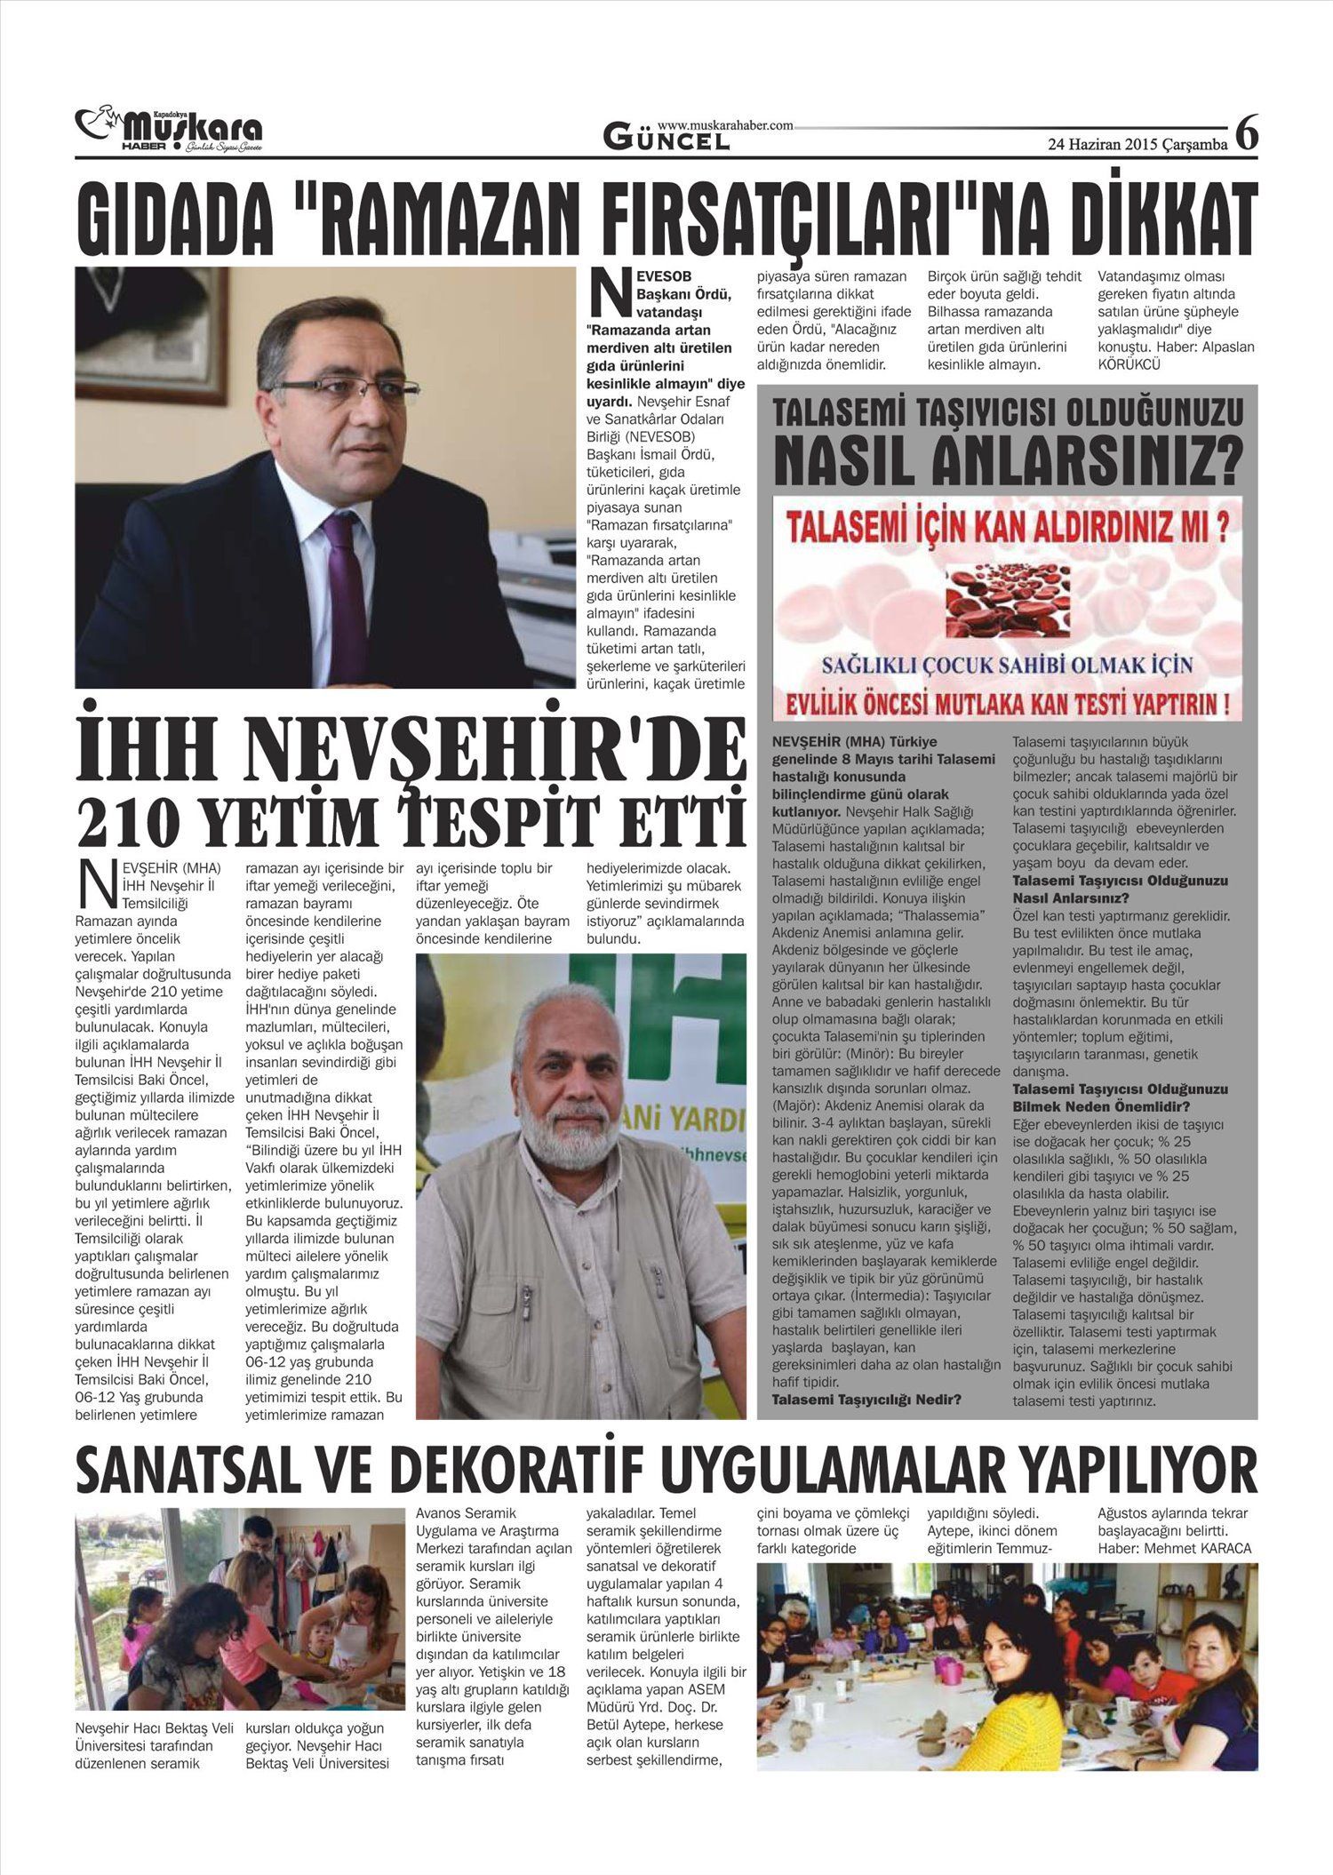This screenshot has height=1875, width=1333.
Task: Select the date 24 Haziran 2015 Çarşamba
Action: (1137, 144)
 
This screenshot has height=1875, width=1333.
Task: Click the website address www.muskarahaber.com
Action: (725, 126)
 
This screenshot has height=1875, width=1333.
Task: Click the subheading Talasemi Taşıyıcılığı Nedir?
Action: (866, 1400)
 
